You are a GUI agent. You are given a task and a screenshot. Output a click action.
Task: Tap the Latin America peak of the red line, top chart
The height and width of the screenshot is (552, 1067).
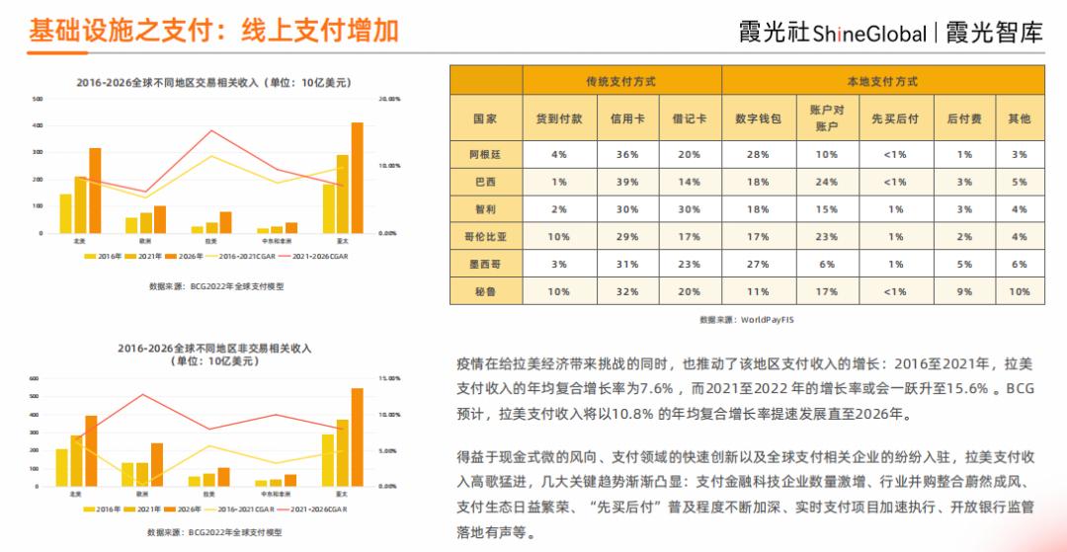[x=210, y=130]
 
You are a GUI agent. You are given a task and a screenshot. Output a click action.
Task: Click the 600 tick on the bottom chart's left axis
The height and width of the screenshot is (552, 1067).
[x=34, y=379]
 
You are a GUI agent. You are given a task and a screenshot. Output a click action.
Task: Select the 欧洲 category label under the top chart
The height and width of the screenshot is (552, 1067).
[x=145, y=240]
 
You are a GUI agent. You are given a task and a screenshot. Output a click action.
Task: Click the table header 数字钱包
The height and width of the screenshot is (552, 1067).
[x=758, y=118]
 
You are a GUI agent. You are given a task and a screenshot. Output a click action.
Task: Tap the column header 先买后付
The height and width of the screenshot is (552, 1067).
[x=894, y=118]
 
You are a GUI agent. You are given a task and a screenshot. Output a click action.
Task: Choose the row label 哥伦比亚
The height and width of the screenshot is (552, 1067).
[x=485, y=237]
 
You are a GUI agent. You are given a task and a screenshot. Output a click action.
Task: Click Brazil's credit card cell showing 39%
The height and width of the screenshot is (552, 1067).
[x=627, y=182]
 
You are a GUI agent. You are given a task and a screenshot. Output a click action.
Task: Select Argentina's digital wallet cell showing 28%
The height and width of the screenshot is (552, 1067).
[x=758, y=154]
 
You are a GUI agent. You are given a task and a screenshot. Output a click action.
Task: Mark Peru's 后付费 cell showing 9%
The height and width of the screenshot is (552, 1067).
[x=964, y=291]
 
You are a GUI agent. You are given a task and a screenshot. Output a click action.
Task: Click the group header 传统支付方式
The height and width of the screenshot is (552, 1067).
[x=620, y=81]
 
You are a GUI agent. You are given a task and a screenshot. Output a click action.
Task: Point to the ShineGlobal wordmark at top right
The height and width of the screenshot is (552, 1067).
[x=869, y=34]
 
